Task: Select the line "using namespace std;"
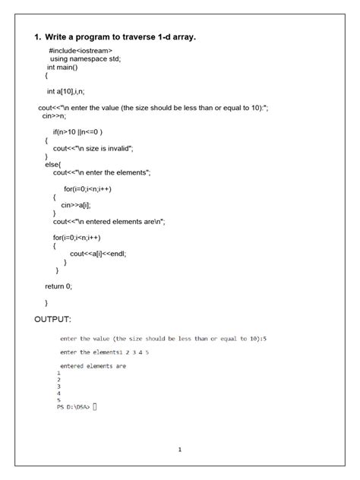(85, 58)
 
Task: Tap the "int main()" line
(68, 68)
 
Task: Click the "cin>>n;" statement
(54, 117)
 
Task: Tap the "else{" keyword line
(54, 164)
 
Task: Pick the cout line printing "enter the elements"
(103, 173)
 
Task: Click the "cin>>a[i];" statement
(77, 204)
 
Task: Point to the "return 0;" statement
(58, 286)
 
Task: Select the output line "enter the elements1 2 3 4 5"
(104, 352)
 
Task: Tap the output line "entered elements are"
(93, 366)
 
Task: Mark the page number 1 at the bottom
(180, 450)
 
